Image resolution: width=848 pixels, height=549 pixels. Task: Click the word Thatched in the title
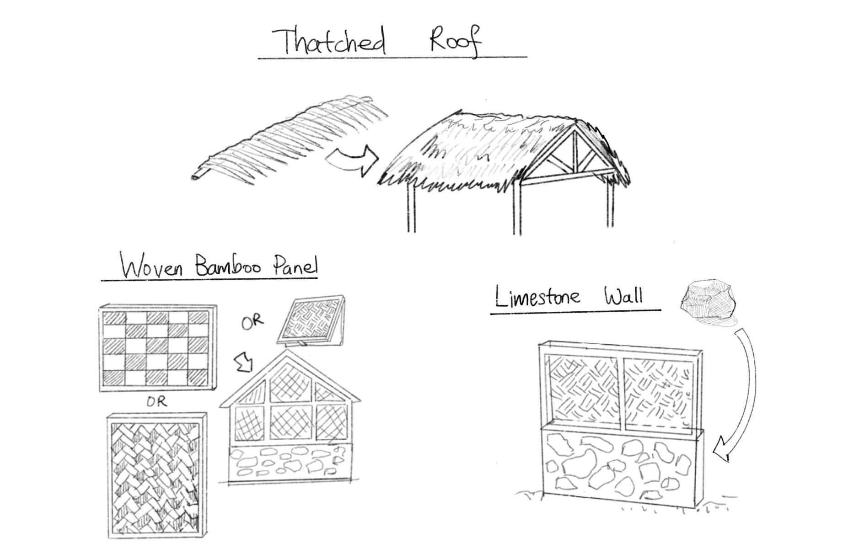tap(328, 41)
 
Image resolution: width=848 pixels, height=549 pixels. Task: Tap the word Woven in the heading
tap(152, 266)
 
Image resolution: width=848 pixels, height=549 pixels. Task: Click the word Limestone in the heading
tap(538, 297)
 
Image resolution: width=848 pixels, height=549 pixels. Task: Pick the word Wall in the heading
tap(623, 296)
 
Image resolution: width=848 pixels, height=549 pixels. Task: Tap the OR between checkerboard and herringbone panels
tap(157, 402)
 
